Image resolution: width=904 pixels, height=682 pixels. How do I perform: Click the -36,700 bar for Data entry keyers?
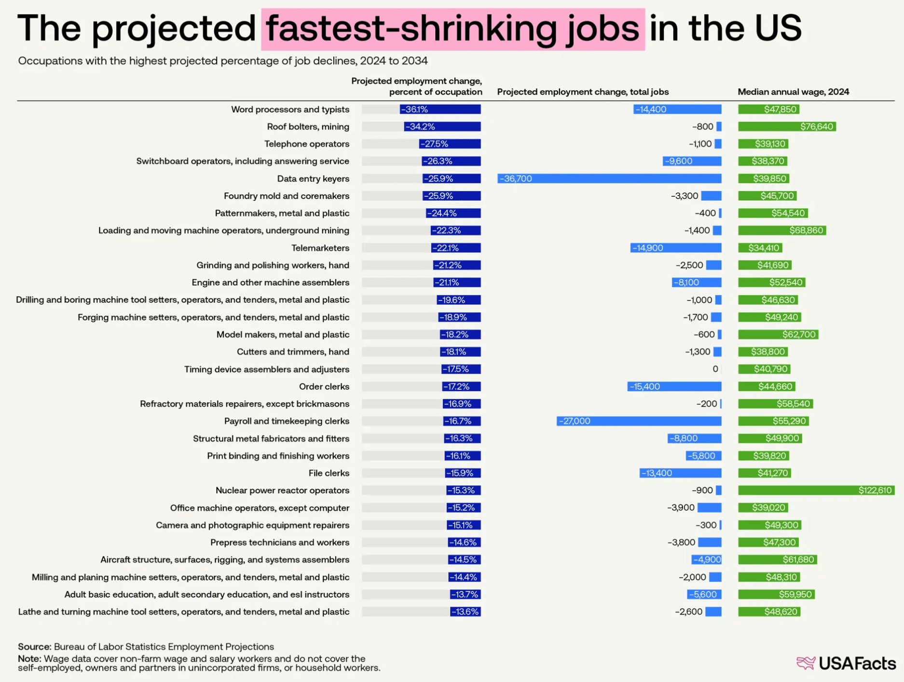click(609, 178)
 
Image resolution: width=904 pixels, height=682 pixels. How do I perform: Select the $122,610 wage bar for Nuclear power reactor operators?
click(816, 490)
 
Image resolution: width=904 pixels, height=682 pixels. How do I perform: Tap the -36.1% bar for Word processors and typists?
click(440, 109)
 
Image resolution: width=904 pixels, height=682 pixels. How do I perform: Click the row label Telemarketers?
click(320, 248)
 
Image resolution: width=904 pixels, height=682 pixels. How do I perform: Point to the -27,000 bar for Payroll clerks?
click(639, 421)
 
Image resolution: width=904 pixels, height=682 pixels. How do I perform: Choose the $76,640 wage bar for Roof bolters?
click(787, 127)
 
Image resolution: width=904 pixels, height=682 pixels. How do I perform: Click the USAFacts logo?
click(846, 663)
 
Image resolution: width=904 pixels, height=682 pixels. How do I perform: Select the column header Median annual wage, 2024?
click(793, 92)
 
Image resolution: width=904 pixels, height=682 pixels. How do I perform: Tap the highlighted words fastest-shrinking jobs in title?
click(452, 29)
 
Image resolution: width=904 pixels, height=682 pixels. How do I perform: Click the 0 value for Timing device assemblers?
click(715, 369)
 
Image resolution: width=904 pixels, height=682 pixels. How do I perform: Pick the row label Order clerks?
click(324, 386)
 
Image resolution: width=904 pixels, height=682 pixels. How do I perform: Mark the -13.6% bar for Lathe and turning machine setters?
click(465, 612)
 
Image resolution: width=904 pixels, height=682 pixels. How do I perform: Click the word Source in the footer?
click(34, 646)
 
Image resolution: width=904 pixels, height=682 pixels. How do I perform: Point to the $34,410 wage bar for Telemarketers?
click(760, 248)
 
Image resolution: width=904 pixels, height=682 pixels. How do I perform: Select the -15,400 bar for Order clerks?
click(674, 386)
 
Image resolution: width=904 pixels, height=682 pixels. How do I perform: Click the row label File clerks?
click(329, 473)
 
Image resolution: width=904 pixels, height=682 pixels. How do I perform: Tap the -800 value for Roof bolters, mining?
click(702, 127)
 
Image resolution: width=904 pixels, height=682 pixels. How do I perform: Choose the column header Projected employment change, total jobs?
click(583, 92)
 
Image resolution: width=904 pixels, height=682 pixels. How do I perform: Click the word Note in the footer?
click(29, 658)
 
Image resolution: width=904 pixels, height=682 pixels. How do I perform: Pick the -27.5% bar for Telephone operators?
click(450, 144)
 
